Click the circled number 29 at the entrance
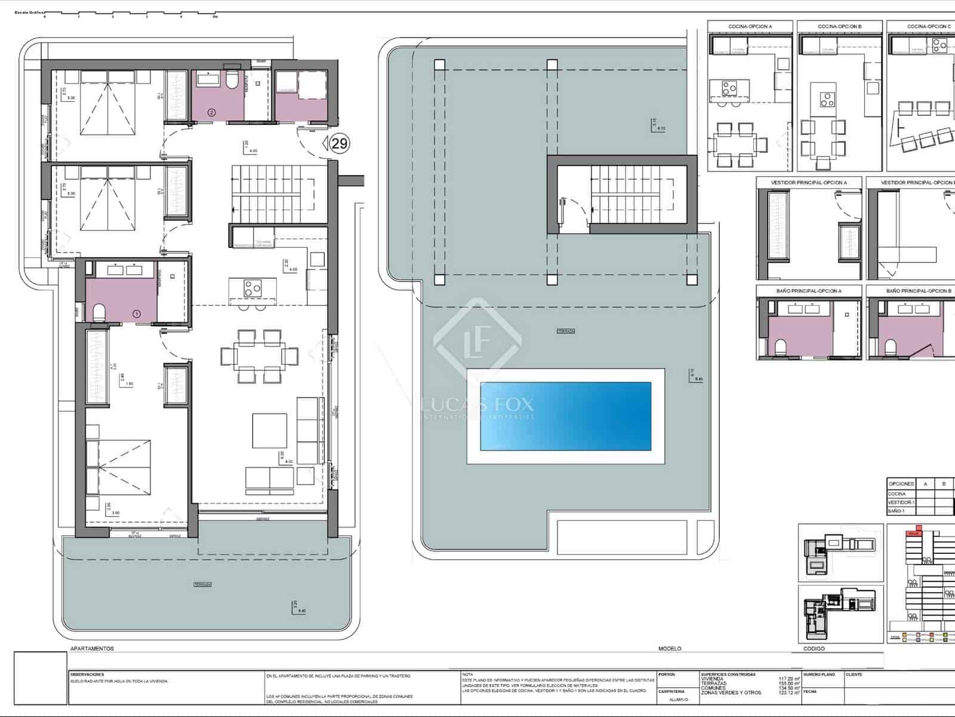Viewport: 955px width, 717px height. point(340,143)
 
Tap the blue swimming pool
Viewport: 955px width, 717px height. point(565,416)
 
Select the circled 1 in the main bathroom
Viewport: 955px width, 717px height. point(136,313)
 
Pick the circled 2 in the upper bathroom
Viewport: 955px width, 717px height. point(211,112)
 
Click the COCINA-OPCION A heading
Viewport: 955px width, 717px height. point(750,26)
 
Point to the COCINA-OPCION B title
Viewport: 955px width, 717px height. point(839,26)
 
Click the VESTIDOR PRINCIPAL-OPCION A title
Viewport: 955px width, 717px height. point(809,182)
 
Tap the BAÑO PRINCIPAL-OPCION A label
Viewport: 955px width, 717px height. point(809,290)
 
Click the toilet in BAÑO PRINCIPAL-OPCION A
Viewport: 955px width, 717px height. point(782,347)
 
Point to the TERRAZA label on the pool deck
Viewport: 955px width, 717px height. point(565,330)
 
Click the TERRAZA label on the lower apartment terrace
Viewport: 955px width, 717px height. point(202,584)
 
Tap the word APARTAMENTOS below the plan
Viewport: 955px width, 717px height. point(92,648)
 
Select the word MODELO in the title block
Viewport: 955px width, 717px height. point(669,648)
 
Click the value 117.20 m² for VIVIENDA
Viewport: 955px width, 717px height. point(788,679)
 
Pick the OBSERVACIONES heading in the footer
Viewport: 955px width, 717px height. point(87,674)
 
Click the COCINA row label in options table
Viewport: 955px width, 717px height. point(897,494)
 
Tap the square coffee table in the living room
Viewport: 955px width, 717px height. point(269,430)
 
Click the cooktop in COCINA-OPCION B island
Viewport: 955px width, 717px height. point(826,99)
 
